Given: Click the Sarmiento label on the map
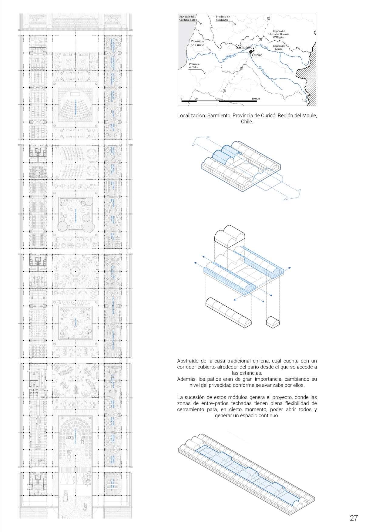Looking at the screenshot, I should tap(244, 48).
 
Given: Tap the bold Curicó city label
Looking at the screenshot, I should tap(257, 56).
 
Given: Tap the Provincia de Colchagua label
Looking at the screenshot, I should tap(223, 18).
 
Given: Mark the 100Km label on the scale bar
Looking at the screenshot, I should tap(256, 99).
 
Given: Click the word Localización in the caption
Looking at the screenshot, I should tap(191, 116).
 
